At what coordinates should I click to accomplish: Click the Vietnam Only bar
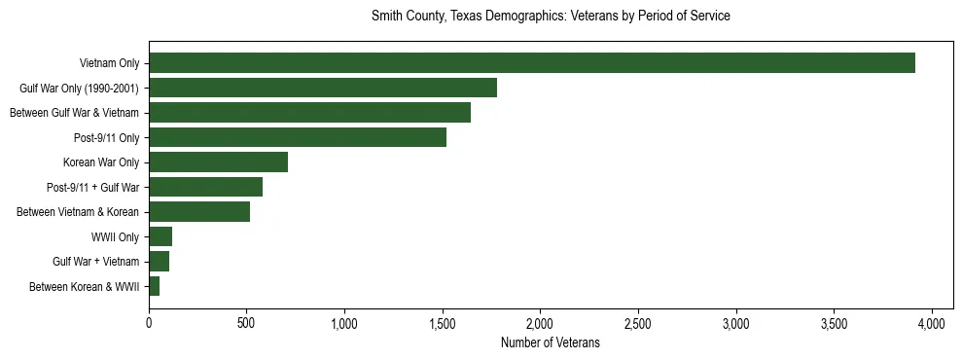(x=531, y=63)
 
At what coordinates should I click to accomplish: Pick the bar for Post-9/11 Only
(x=298, y=137)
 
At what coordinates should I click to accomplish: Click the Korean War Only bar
(x=218, y=162)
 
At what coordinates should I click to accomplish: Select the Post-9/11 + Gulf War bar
(x=205, y=187)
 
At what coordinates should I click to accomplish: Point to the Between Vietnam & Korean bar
(x=199, y=212)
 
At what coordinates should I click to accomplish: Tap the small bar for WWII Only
(x=160, y=236)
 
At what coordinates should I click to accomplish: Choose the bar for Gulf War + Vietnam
(x=159, y=261)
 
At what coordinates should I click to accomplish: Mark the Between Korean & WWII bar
(x=154, y=286)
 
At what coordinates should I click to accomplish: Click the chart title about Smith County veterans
(x=551, y=17)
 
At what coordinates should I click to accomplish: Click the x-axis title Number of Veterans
(x=550, y=342)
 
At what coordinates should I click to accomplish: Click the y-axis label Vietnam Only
(x=109, y=64)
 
